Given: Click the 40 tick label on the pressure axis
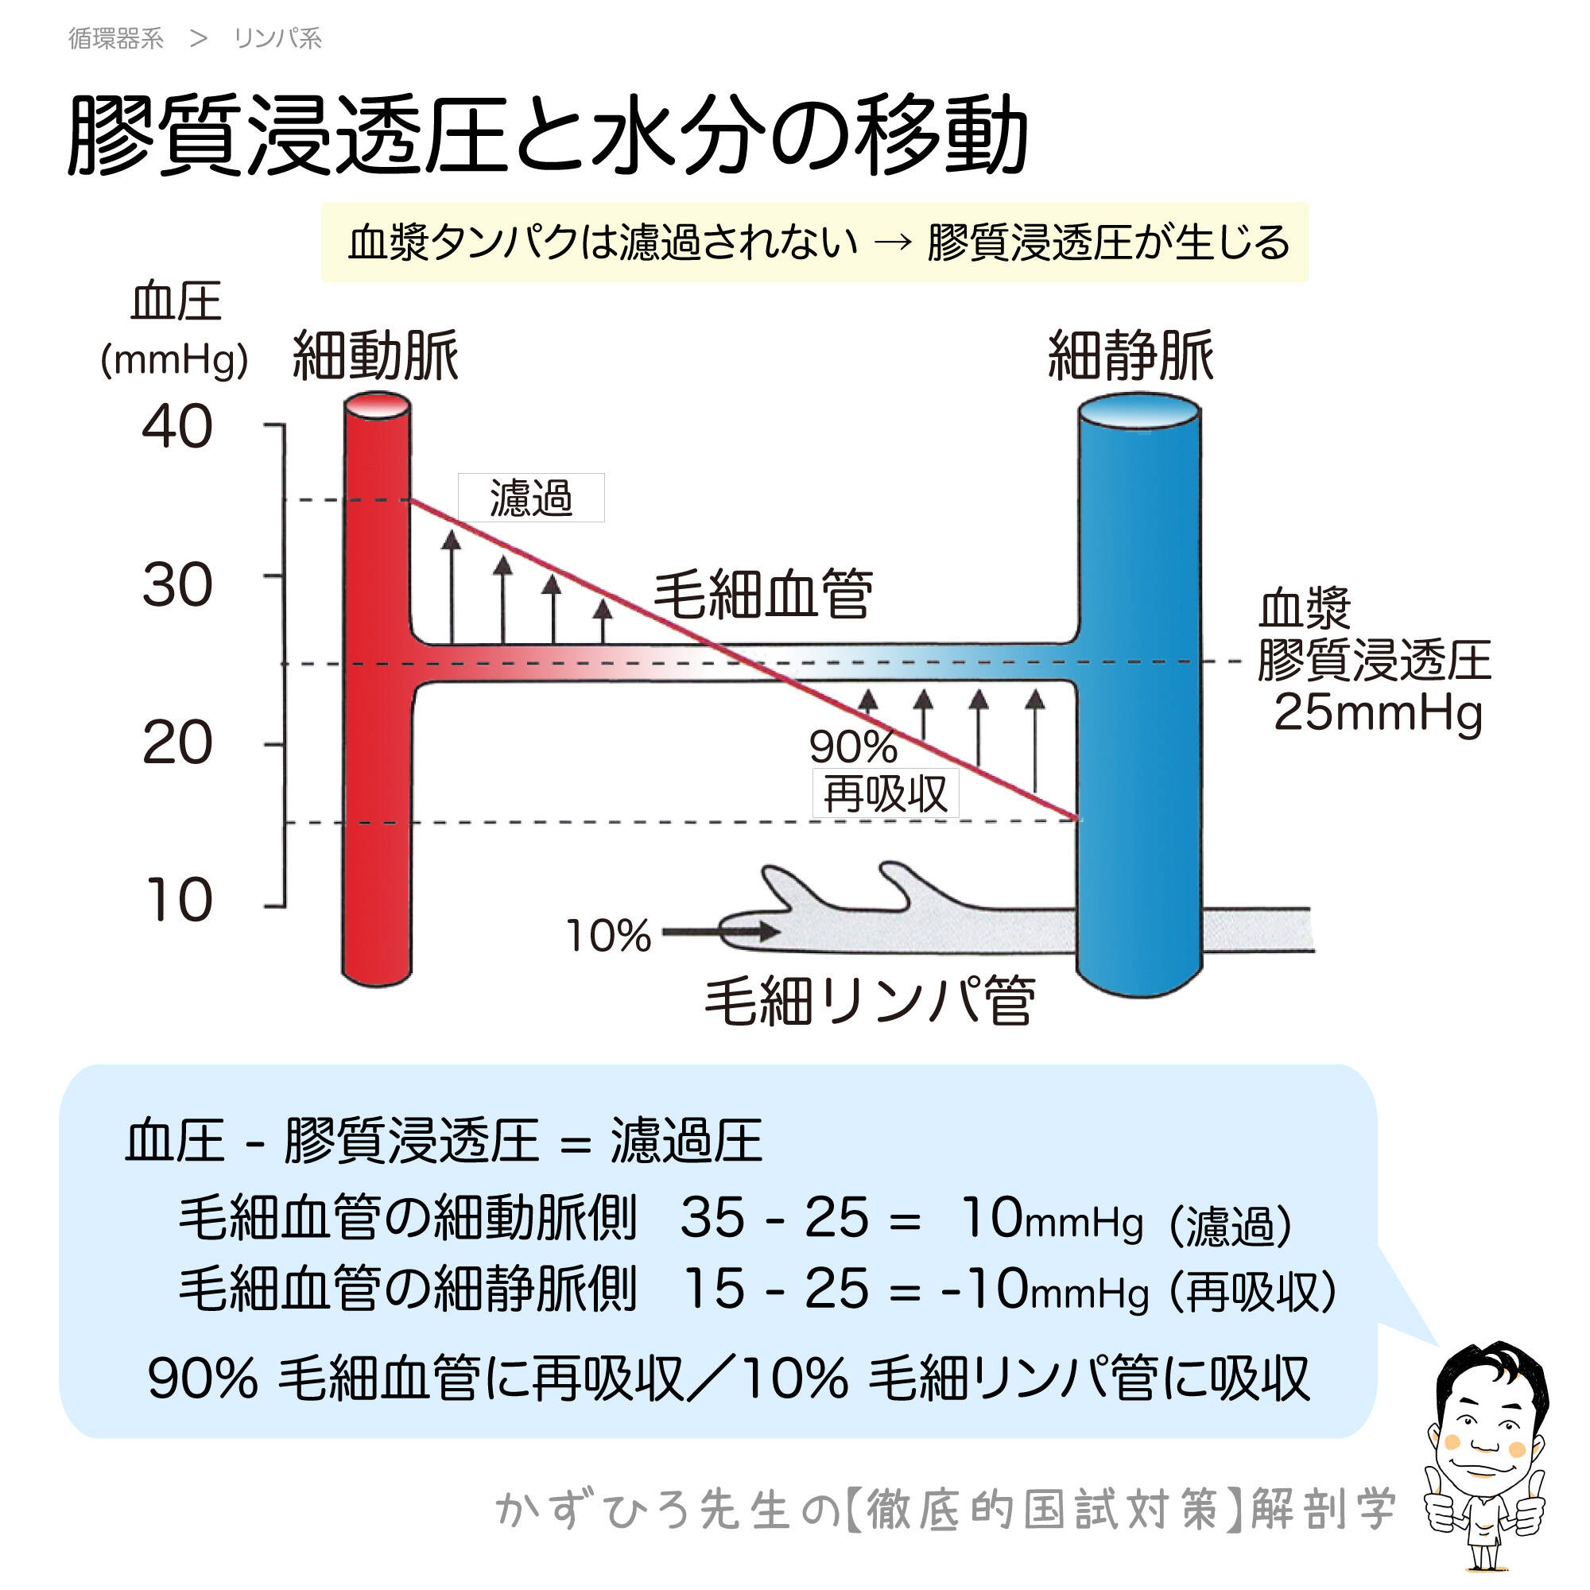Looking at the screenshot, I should (x=177, y=427).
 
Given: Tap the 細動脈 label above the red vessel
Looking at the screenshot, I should (x=375, y=356).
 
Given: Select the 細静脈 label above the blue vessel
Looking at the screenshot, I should (x=1130, y=356).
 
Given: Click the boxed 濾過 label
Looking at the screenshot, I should (x=531, y=498).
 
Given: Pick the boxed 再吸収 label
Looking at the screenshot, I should (x=886, y=794).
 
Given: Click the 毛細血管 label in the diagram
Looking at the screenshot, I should (x=762, y=594).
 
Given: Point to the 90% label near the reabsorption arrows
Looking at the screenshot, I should (x=852, y=747).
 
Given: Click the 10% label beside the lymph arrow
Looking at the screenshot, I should (x=608, y=937).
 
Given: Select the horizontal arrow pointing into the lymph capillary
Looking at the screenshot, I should (x=721, y=933).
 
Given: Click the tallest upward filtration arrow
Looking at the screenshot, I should (x=451, y=586).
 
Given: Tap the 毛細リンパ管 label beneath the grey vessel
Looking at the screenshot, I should (x=869, y=1002).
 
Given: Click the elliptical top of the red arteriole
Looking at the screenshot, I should (x=377, y=405).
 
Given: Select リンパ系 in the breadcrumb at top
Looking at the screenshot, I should (x=277, y=39).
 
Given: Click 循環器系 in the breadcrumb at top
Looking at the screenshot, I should (x=116, y=39).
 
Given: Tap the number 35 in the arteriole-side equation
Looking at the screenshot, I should (x=712, y=1218).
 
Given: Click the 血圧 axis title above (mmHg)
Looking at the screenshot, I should (x=176, y=302).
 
